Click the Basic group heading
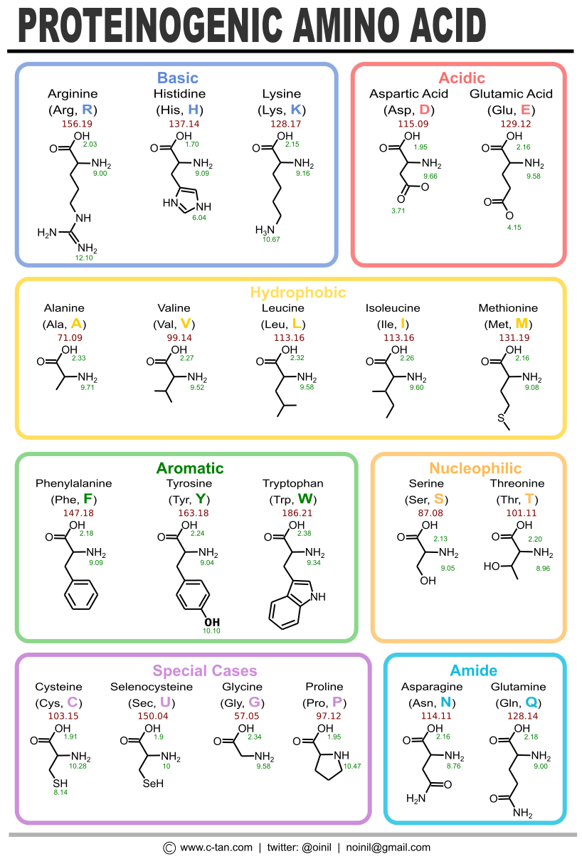coord(177,78)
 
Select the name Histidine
coord(179,94)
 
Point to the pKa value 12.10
coord(84,258)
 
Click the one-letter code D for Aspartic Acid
coord(425,110)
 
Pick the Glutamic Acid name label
coord(511,94)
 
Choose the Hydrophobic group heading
coord(297,293)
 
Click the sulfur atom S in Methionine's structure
coord(502,418)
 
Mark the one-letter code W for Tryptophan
coord(306,498)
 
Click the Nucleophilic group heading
coord(475,468)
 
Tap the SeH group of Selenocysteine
coord(153,784)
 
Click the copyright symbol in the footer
coord(169,848)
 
